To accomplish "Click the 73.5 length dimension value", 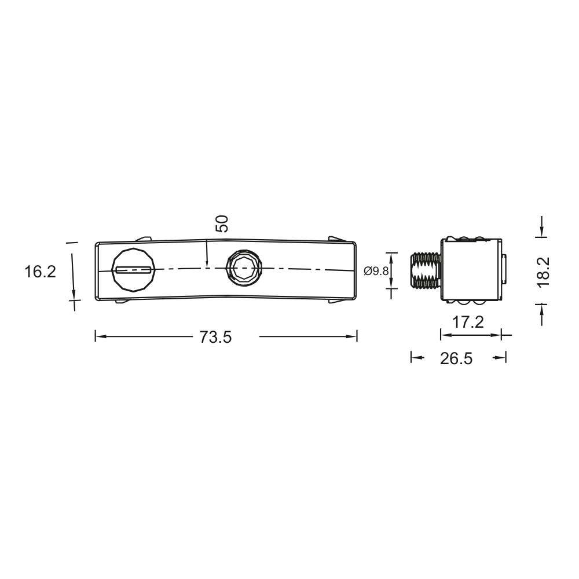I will point(215,338).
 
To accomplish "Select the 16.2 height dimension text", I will point(40,271).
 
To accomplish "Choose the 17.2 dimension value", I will point(468,323).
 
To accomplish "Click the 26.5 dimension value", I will point(456,359).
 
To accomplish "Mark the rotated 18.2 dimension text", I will point(543,272).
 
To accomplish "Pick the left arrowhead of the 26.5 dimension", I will point(415,358).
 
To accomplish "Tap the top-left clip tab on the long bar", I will point(142,238).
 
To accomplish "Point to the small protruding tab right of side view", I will point(504,270).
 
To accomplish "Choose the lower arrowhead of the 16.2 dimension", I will point(74,295).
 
